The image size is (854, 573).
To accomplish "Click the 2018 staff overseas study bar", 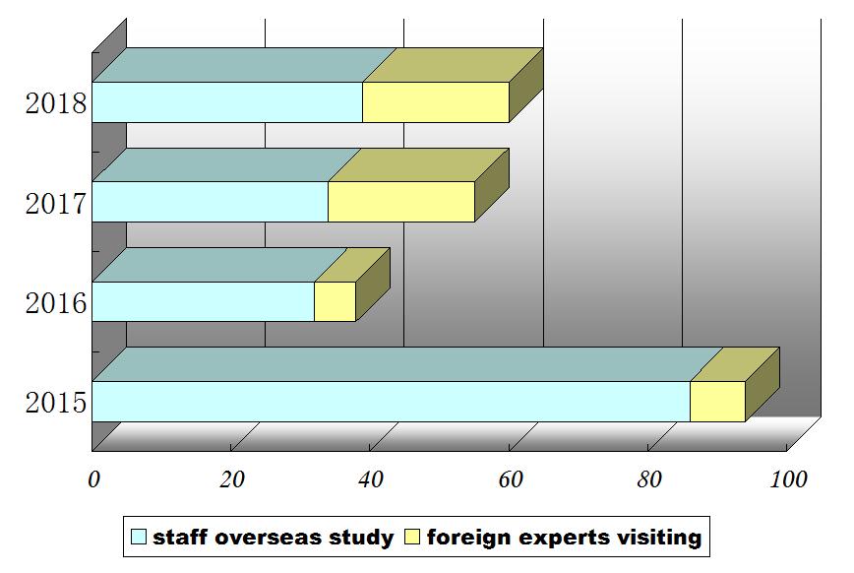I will (227, 102).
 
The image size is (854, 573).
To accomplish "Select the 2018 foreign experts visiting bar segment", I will (436, 102).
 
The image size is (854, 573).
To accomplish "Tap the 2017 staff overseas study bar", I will (210, 202).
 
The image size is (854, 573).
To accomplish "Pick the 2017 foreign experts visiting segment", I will (401, 202).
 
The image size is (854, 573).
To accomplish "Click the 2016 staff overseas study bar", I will (203, 301).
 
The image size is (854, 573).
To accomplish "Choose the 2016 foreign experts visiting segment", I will (335, 301).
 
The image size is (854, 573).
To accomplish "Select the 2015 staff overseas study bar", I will (391, 402).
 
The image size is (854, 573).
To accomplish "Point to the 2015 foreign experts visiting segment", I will (717, 402).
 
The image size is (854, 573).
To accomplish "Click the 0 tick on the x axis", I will (93, 479).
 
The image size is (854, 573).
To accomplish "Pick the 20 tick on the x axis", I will (232, 479).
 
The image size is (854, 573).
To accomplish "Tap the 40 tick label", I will (371, 479).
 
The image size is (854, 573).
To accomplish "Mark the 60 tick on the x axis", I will (510, 479).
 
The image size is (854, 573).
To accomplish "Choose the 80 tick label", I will (649, 479).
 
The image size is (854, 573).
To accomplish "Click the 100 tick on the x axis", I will (788, 479).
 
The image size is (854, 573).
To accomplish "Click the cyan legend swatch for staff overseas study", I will (139, 538).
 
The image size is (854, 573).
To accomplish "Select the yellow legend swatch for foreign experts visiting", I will (411, 538).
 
